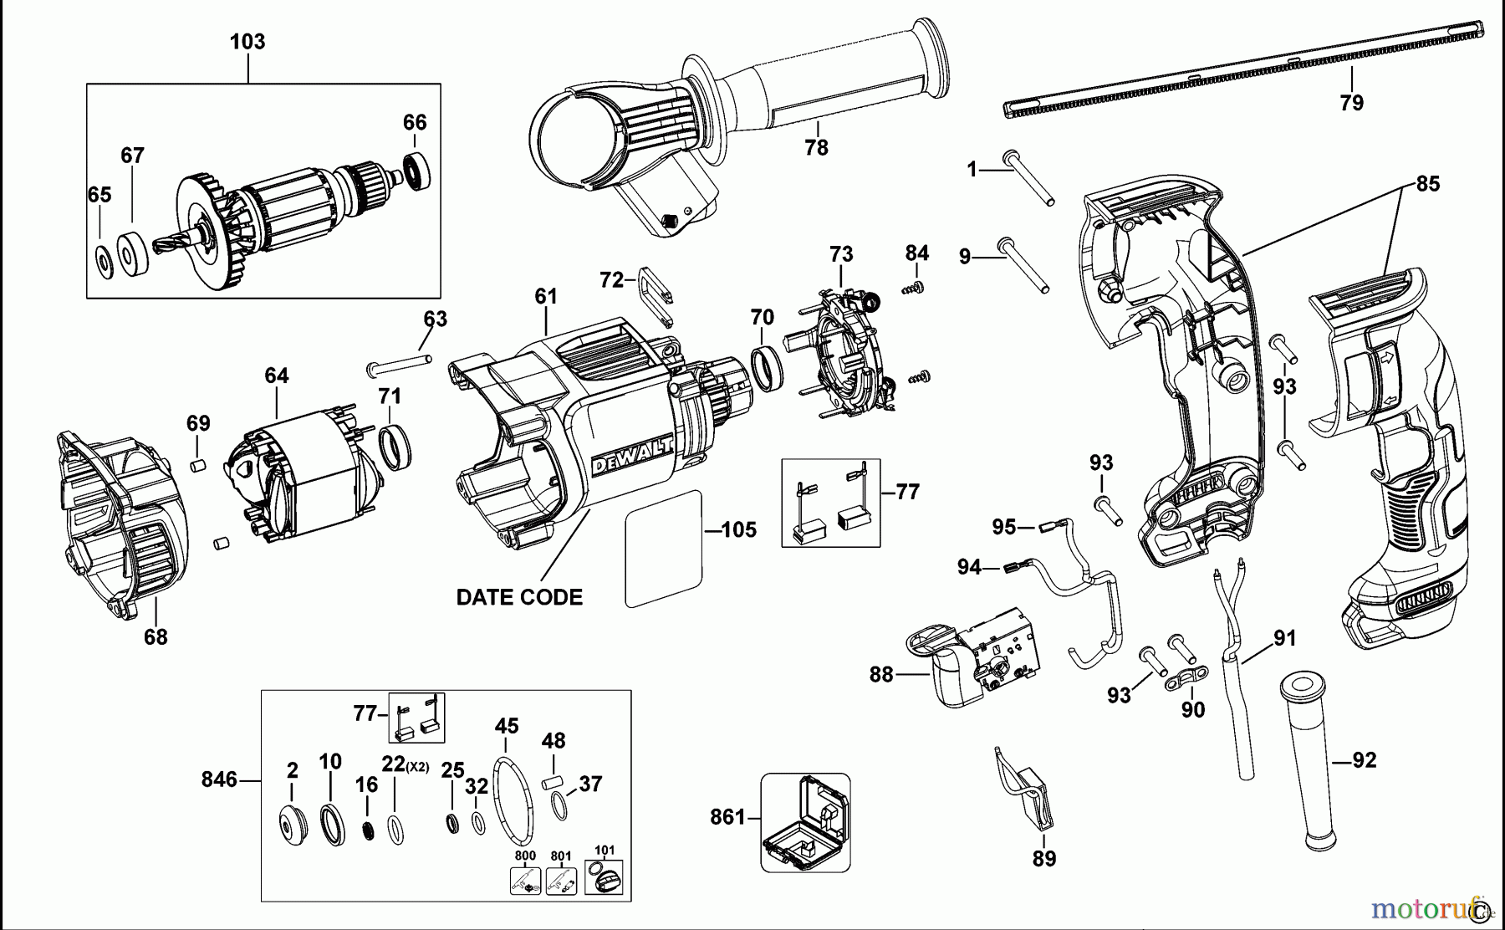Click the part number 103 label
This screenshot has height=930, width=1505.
click(247, 42)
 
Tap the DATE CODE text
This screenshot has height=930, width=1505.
click(519, 597)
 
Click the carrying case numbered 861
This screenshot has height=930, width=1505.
click(805, 822)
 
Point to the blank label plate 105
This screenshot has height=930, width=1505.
click(662, 549)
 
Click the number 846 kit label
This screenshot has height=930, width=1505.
click(219, 779)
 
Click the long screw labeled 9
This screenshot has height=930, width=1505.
click(1025, 268)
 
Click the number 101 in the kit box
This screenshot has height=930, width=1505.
click(604, 850)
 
